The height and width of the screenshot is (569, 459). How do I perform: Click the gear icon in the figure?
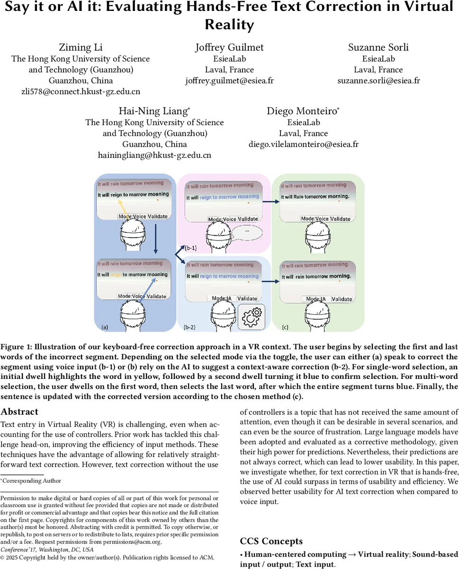(252, 317)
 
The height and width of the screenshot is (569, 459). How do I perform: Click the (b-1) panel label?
(190, 248)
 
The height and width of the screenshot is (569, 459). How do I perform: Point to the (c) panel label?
(285, 327)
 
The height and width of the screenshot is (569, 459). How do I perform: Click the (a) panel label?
(105, 327)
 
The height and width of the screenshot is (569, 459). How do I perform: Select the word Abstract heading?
(19, 412)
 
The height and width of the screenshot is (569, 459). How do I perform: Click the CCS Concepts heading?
(271, 541)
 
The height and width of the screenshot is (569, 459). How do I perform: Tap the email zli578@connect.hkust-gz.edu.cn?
(81, 92)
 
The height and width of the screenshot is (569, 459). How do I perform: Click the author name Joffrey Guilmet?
(229, 47)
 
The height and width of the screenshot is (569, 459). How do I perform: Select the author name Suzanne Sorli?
(378, 47)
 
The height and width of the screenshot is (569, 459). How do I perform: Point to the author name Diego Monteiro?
(303, 111)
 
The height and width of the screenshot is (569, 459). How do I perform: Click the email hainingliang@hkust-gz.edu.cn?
(154, 155)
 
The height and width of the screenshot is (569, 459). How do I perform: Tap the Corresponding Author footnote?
(31, 481)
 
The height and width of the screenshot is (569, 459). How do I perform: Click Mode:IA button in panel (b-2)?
(221, 298)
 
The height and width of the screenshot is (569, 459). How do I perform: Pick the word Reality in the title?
(229, 25)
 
